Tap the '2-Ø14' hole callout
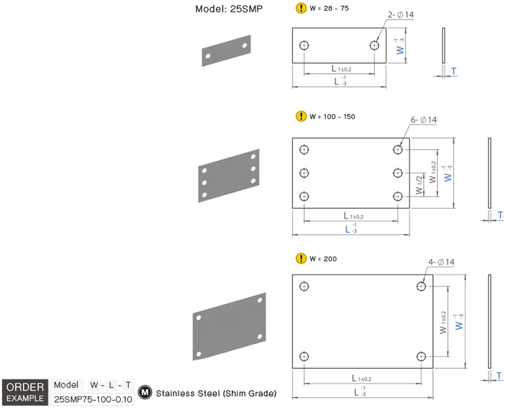coord(401,14)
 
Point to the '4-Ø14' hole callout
coord(441,262)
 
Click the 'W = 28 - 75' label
coord(329,8)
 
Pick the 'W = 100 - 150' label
coord(333,116)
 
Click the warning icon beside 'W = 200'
coord(300,258)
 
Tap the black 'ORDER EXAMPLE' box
coord(25,392)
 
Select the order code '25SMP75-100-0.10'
coord(93,399)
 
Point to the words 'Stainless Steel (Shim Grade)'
coord(216,393)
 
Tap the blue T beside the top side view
coord(454,71)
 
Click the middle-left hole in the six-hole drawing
coord(305,173)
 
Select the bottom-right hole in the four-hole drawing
coord(421,356)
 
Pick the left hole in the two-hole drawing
coord(305,45)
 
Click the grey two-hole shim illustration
coord(227,51)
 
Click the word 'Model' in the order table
coord(66,384)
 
